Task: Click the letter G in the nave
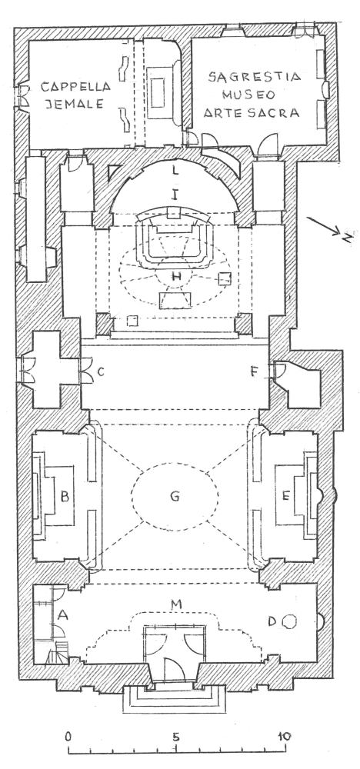coord(175,496)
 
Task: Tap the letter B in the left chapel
coord(65,496)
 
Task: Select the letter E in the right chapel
coord(286,496)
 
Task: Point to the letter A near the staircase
coord(62,614)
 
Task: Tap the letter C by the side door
coord(101,372)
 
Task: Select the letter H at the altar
coord(176,277)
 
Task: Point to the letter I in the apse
coord(174,195)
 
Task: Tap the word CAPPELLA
coord(75,88)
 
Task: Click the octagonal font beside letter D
coord(290,622)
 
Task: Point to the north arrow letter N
coord(347,238)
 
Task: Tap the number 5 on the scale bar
coord(175,736)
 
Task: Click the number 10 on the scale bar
coord(284,736)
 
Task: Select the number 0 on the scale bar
coord(69,736)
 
